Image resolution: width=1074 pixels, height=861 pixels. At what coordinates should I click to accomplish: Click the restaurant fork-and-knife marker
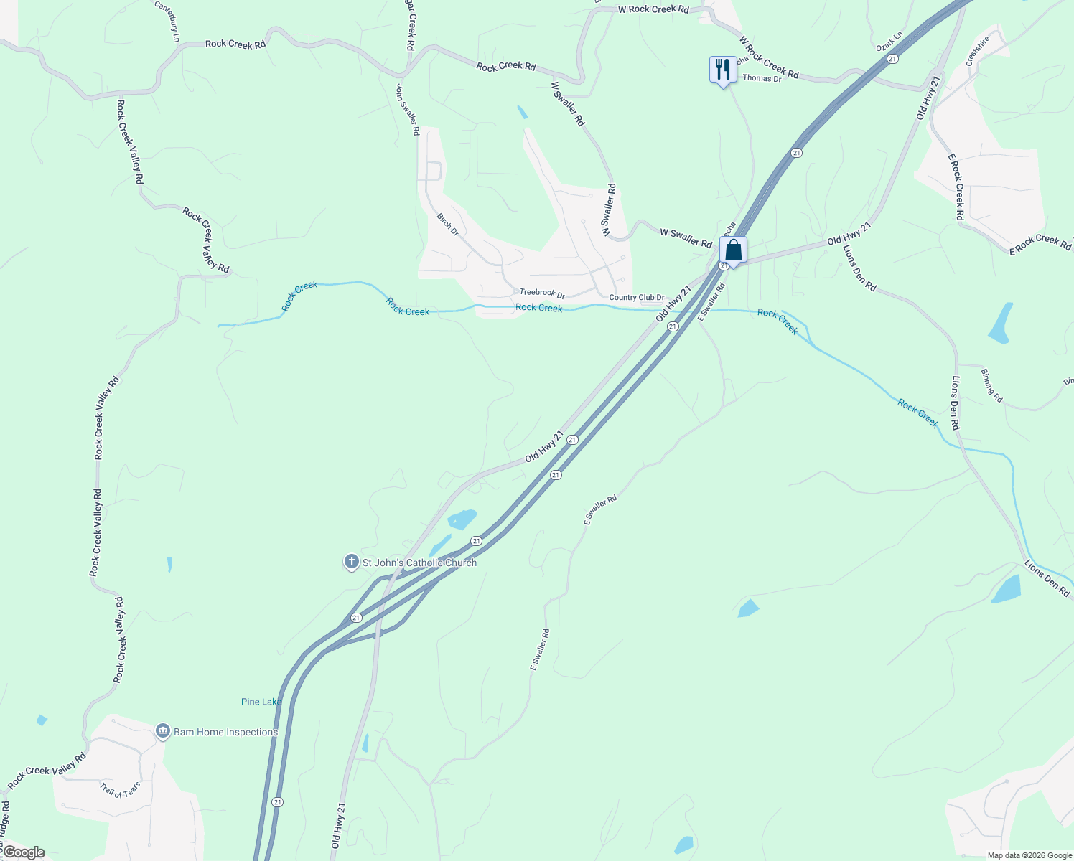coord(722,70)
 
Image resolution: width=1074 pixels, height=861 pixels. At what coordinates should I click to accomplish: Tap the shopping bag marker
coord(733,250)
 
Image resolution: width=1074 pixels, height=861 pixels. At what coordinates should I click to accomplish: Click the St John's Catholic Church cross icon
coord(351,562)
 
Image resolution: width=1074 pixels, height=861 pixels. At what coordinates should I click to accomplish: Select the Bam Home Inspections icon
coord(163,731)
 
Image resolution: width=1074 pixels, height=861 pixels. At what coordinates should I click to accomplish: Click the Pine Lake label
coord(261,702)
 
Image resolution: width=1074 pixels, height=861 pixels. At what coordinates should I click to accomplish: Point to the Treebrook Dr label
coord(542,293)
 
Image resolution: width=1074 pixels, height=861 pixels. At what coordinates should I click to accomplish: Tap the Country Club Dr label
coord(636,297)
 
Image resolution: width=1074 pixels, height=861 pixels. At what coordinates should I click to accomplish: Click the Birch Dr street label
coord(448,224)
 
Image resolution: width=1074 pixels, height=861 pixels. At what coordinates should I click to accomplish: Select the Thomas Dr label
coord(762,78)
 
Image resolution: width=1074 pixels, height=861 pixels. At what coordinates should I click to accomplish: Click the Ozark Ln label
coord(889,41)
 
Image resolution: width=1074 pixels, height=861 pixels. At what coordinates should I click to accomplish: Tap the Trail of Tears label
coord(121,789)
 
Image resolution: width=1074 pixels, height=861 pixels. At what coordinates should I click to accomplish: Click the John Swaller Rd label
coord(407,109)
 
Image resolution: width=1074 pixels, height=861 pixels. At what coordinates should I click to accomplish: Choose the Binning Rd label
coord(991,385)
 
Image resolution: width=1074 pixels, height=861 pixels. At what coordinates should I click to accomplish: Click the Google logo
coord(24,852)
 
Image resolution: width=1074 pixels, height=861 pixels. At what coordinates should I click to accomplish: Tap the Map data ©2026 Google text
coord(1029,855)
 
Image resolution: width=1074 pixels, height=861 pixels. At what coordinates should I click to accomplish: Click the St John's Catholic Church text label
coord(419,563)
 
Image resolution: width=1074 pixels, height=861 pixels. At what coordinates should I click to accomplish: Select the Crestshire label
coord(978,51)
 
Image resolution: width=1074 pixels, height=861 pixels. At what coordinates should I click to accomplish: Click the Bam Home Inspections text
coord(225,732)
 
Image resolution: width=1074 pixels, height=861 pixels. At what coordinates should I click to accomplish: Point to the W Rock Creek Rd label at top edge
coord(653,9)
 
